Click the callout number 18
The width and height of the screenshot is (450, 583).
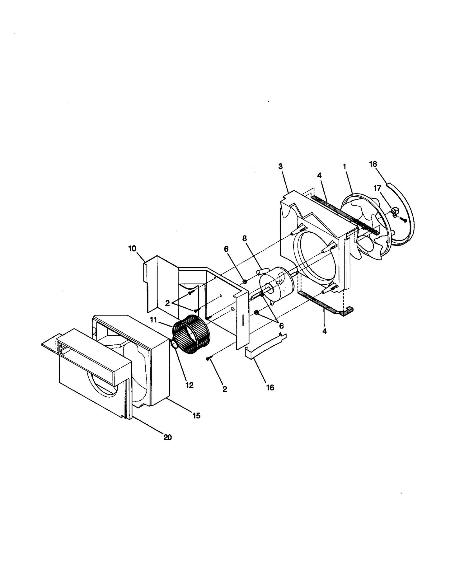click(373, 164)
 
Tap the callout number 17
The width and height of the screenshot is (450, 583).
click(377, 188)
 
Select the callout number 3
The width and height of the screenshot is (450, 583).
click(280, 166)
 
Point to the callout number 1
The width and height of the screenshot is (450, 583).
click(344, 167)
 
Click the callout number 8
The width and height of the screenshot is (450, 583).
click(244, 239)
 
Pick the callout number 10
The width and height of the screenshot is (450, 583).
click(132, 249)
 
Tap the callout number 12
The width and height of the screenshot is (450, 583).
click(190, 385)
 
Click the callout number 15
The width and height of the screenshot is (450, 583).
click(196, 416)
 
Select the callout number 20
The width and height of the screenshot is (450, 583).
click(167, 437)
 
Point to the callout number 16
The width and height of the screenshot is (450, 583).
click(270, 387)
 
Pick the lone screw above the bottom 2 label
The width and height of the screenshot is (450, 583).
click(209, 359)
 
